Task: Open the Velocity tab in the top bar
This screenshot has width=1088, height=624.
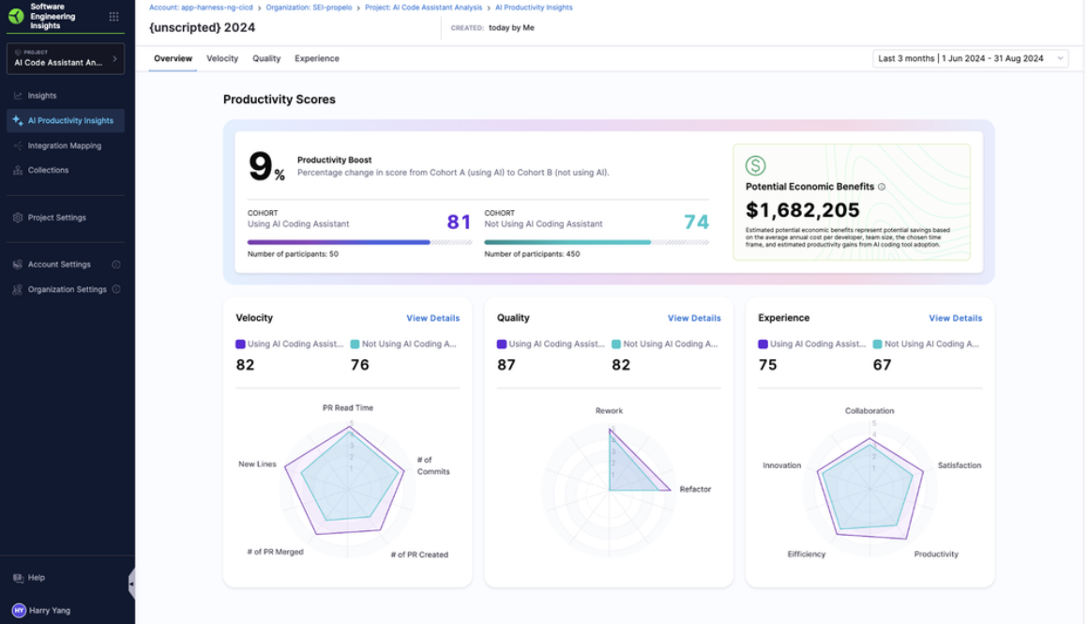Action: tap(222, 58)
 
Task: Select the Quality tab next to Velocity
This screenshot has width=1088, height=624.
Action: tap(266, 58)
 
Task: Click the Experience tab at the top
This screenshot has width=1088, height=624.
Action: tap(317, 58)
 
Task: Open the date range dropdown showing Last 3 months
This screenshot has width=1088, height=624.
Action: tap(970, 58)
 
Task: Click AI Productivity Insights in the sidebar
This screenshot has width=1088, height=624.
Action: tap(70, 121)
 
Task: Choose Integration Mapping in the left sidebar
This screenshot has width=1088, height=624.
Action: tap(64, 145)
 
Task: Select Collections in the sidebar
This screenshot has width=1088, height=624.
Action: tap(48, 170)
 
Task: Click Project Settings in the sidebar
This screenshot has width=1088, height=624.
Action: tap(56, 218)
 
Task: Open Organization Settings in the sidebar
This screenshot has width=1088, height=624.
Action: tap(67, 289)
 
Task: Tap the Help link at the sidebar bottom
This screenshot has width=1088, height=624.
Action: tap(36, 578)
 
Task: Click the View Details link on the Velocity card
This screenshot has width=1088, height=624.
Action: tap(432, 318)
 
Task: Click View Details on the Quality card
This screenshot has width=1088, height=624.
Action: tap(694, 318)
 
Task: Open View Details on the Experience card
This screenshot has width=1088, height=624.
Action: tap(955, 318)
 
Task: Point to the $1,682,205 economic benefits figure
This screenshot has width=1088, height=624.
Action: tap(803, 210)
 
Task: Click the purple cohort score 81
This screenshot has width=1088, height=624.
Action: tap(459, 222)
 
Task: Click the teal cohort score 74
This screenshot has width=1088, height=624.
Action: tap(696, 222)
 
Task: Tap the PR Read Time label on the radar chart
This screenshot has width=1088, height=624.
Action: tap(348, 408)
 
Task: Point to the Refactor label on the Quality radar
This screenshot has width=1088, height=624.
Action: tap(695, 489)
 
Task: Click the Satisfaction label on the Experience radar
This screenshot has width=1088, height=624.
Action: tap(959, 465)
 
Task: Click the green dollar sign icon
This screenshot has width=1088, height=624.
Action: tap(755, 166)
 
